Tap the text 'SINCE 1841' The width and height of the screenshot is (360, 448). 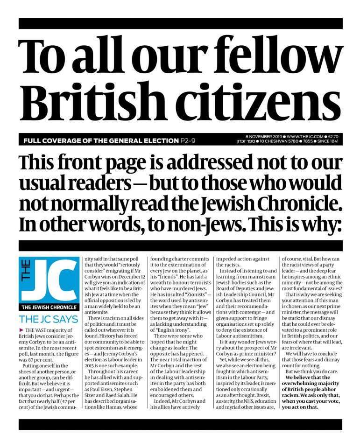click(330, 141)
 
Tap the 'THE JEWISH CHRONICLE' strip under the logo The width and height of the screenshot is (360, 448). click(49, 307)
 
